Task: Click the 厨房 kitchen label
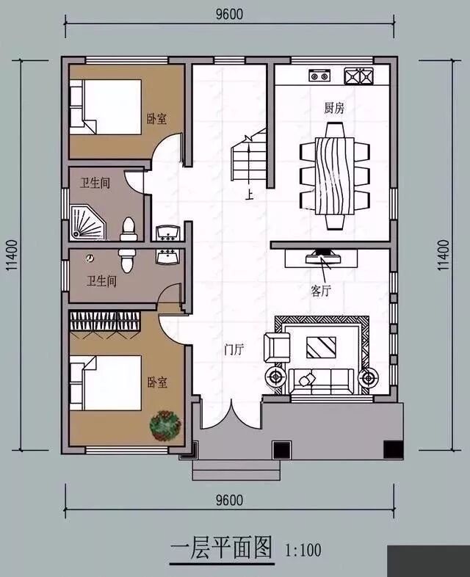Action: pos(334,108)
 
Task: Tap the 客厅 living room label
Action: pos(321,291)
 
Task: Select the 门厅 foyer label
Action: pos(234,349)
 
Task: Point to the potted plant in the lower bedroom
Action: pos(165,426)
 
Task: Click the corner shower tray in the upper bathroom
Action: pos(87,222)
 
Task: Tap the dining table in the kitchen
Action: pos(335,176)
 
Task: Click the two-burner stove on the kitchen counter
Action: pos(319,76)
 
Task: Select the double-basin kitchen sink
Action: pos(358,76)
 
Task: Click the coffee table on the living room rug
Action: pos(321,347)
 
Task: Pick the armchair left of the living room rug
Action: pos(277,347)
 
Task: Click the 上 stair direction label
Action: pos(250,195)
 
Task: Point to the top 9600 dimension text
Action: pos(229,14)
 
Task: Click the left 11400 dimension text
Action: pos(12,255)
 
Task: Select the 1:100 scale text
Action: pos(303,551)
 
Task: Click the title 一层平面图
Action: pos(222,548)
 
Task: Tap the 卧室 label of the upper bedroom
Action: pos(157,118)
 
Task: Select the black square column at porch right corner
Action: pos(394,449)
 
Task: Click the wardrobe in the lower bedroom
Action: pos(105,322)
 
